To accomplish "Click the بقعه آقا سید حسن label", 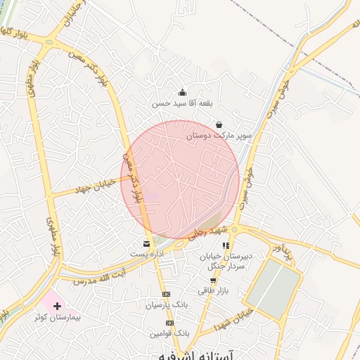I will (172, 103).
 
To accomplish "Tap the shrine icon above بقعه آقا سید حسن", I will (182, 91).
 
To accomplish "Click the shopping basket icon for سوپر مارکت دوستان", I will (219, 125).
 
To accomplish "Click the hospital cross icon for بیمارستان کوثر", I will (57, 306).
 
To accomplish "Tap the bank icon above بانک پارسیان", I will (166, 294).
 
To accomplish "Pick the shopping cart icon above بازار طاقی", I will (213, 280).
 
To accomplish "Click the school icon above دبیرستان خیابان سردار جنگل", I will (226, 245).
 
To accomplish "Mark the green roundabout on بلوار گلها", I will (50, 43).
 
